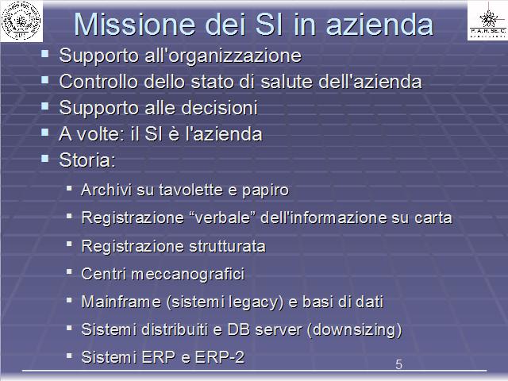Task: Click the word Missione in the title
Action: pyautogui.click(x=135, y=25)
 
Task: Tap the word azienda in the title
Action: pyautogui.click(x=379, y=25)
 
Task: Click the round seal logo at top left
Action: pyautogui.click(x=21, y=21)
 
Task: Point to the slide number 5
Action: pyautogui.click(x=398, y=364)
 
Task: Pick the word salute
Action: pyautogui.click(x=287, y=81)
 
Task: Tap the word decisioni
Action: pyautogui.click(x=219, y=108)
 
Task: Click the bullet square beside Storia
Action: pyautogui.click(x=45, y=159)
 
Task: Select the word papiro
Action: pyautogui.click(x=265, y=190)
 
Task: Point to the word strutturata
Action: pyautogui.click(x=227, y=246)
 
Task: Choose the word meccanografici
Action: pyautogui.click(x=188, y=275)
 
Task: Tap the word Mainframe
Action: pyautogui.click(x=121, y=302)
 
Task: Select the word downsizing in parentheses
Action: pyautogui.click(x=355, y=330)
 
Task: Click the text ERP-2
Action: pyautogui.click(x=220, y=357)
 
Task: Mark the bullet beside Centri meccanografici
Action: pyautogui.click(x=69, y=271)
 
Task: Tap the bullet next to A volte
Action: pyautogui.click(x=45, y=133)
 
